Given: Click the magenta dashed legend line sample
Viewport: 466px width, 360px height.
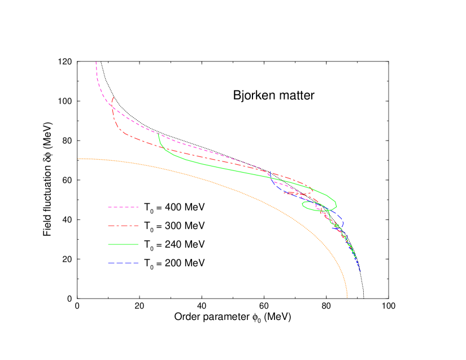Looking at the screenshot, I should pos(123,207).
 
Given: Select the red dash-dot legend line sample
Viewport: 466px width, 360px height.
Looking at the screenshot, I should pos(123,226).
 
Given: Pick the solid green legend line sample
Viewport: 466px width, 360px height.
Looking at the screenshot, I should pos(123,244).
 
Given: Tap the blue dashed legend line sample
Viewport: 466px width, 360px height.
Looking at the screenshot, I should pos(123,263).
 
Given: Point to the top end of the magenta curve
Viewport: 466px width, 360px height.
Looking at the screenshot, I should pos(96,62).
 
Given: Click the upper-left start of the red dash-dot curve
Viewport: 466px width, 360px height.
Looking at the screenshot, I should pos(114,97).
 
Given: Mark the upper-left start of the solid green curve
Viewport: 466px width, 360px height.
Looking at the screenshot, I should pos(158,134).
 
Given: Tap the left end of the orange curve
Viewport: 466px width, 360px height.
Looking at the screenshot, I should pos(78,159).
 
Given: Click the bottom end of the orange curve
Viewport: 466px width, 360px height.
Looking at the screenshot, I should pos(347,297).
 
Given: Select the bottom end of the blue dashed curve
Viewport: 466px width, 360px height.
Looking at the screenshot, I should pos(360,272).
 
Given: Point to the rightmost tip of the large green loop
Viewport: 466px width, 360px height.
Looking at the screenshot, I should pos(337,201).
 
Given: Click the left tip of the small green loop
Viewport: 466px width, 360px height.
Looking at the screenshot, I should pos(302,205).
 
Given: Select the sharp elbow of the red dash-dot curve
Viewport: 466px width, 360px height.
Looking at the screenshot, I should pos(118,129).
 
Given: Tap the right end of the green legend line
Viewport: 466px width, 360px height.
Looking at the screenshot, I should pos(138,244).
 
